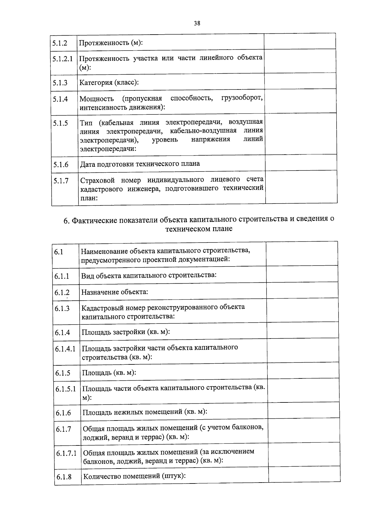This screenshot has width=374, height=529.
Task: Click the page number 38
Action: coord(197,23)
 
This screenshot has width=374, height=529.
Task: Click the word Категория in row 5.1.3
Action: coord(95,83)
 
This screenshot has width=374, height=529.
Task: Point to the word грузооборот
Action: coord(242,98)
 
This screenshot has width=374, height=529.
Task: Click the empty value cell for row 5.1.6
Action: coord(301,162)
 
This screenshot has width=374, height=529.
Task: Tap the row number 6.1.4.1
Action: coord(65,349)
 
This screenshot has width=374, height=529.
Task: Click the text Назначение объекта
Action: coord(114,292)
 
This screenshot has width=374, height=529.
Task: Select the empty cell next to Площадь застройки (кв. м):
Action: coord(302,330)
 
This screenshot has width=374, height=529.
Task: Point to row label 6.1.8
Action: coord(64,477)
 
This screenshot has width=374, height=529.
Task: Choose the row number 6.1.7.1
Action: coord(66,453)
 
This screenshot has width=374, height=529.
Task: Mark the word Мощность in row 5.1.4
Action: coord(97,99)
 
